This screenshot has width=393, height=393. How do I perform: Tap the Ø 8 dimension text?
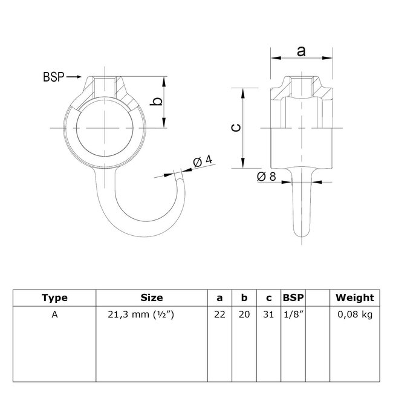[x=267, y=177]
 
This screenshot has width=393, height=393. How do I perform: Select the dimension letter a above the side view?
[x=300, y=52]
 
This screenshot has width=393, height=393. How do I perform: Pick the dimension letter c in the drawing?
[x=237, y=126]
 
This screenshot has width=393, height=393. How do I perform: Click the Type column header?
[x=55, y=297]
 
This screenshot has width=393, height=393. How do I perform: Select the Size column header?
[x=152, y=297]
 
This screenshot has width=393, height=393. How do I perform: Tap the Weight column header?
[x=356, y=297]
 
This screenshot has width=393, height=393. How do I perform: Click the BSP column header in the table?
[x=293, y=297]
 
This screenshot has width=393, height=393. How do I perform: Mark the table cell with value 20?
[x=244, y=314]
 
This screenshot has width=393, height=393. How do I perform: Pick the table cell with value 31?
[x=268, y=314]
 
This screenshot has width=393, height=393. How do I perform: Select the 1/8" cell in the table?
[x=293, y=314]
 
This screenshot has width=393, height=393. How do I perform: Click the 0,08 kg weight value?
[x=356, y=314]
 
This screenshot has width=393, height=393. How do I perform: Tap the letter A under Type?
[x=55, y=314]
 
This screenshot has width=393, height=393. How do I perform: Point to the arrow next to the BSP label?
[x=73, y=77]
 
